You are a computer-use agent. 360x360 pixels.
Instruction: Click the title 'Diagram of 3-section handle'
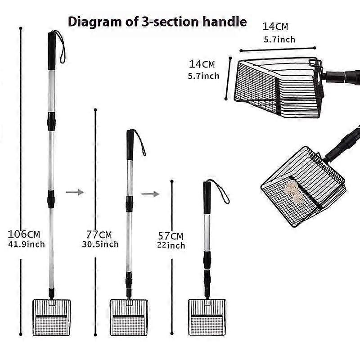click(x=157, y=22)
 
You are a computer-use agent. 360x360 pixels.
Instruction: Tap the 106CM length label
click(x=24, y=234)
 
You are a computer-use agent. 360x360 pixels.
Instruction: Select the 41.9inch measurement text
click(x=26, y=244)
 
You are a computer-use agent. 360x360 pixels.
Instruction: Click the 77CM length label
click(x=99, y=235)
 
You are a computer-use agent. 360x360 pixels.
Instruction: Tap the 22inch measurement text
click(x=171, y=246)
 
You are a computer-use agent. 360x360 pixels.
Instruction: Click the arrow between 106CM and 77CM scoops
click(x=74, y=192)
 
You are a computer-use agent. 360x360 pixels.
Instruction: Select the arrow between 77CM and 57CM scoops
click(x=150, y=194)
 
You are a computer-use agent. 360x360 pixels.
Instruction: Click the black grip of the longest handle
click(x=52, y=50)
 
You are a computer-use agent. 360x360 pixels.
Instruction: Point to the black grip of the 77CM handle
click(x=130, y=145)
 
